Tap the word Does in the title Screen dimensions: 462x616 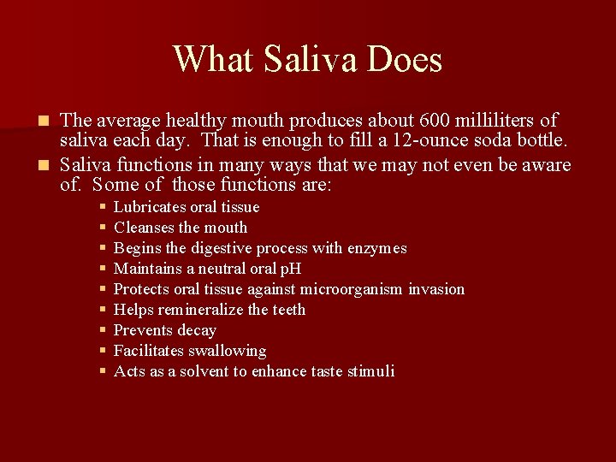click(408, 60)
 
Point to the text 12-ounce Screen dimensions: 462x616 click(430, 140)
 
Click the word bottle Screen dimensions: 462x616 click(540, 140)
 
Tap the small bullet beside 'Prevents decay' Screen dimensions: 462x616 click(102, 330)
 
